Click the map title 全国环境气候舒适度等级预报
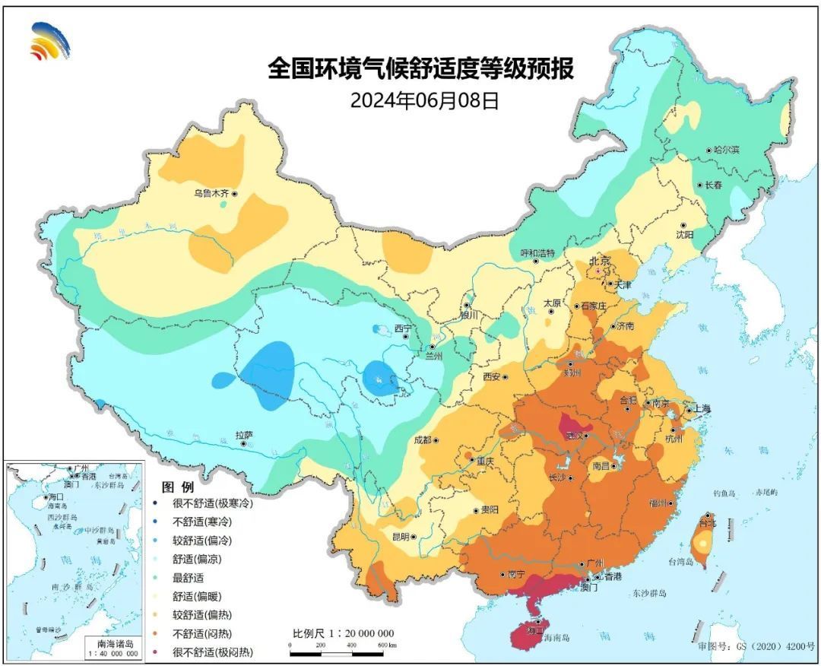pos(420,70)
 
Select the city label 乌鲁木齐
pos(211,194)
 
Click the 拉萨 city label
pos(243,436)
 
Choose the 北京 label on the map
pos(600,262)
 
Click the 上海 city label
pos(699,409)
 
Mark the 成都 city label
pos(422,440)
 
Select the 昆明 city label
pos(400,536)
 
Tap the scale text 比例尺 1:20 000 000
pos(343,633)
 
